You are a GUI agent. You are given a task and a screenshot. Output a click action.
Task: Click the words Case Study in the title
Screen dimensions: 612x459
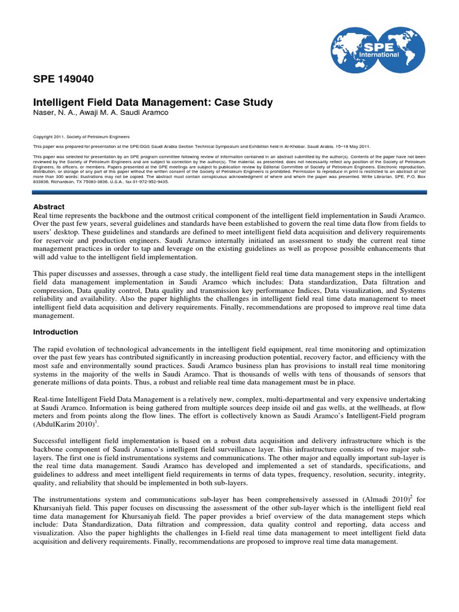[243, 102]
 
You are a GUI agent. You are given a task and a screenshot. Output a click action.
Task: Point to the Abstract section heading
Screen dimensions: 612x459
[49, 207]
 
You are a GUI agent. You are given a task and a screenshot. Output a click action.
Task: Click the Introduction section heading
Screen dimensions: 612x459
[56, 332]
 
